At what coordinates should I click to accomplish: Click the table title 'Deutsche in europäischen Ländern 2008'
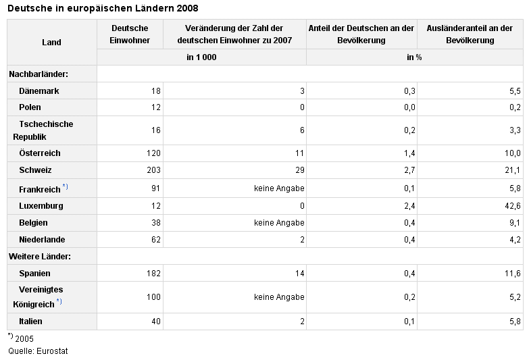coord(103,8)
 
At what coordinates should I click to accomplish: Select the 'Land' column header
coord(51,42)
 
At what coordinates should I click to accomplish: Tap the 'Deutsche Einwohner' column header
coord(130,34)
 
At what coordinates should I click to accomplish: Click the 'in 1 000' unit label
coord(201,57)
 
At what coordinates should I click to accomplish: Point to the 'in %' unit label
coord(414,57)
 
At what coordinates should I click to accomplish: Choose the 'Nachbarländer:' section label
coord(39,74)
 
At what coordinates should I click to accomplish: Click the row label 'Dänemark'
coord(39,91)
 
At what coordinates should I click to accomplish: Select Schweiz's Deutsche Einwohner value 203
coord(153,170)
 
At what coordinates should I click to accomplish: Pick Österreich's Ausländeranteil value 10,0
coord(513,153)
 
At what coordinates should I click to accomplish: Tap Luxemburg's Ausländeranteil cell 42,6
coord(513,206)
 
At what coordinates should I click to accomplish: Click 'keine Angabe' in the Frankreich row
coord(279,188)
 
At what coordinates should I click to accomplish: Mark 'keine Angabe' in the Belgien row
coord(279,223)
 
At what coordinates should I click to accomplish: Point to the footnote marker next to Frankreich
coord(65,186)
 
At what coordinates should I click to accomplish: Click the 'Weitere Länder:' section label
coord(40,257)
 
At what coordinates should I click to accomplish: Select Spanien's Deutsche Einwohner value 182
coord(153,274)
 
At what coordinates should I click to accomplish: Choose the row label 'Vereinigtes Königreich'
coord(38,297)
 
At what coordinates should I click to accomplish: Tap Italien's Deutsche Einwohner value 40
coord(156,322)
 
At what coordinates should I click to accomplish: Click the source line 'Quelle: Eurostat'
coord(38,351)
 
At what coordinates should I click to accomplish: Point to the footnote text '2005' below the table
coord(24,338)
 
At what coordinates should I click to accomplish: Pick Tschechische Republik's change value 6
coord(302,130)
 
